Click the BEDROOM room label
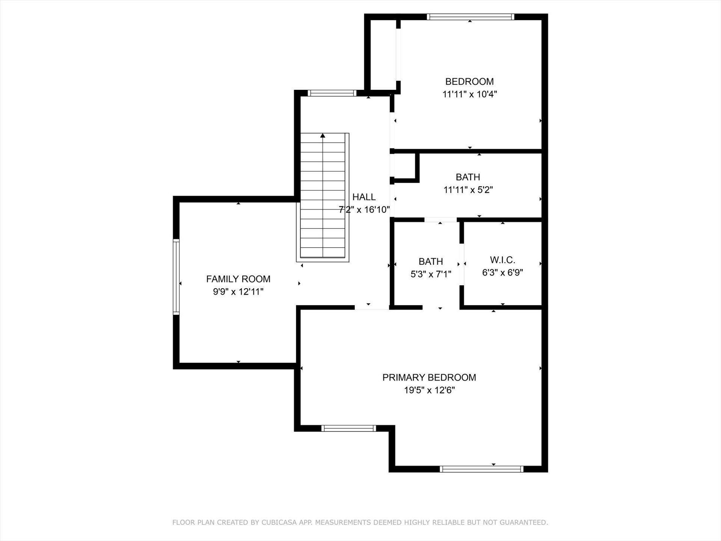click(x=469, y=82)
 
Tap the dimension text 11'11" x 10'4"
click(x=469, y=94)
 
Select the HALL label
click(x=364, y=197)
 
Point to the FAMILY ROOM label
click(x=238, y=279)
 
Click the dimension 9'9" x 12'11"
click(x=238, y=292)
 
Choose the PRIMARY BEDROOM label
click(x=429, y=378)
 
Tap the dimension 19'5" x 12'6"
click(x=429, y=390)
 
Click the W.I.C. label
click(x=502, y=260)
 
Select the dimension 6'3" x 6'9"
click(x=502, y=272)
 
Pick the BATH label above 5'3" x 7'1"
click(x=431, y=261)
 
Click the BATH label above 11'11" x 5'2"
click(x=468, y=177)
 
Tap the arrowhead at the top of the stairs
click(x=323, y=136)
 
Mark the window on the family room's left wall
click(x=176, y=277)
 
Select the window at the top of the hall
click(x=332, y=93)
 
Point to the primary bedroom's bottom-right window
click(x=481, y=469)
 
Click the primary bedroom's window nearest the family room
click(x=349, y=428)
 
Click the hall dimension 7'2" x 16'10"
click(x=364, y=210)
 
